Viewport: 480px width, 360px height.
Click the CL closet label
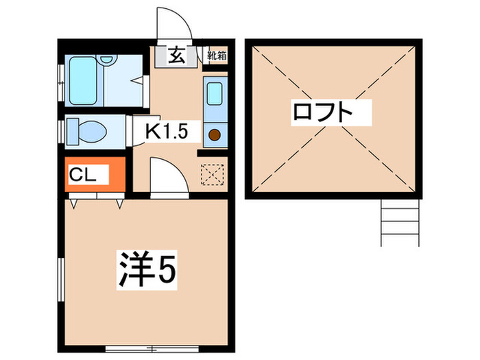coord(82,176)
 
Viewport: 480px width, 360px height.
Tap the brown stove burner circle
coord(215,134)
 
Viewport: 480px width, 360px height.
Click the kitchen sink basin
coord(213,93)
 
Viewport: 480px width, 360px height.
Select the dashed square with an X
coord(212,174)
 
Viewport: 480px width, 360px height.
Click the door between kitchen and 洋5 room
coord(167,178)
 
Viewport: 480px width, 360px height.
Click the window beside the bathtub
coord(60,81)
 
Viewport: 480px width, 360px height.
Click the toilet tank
coord(72,130)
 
